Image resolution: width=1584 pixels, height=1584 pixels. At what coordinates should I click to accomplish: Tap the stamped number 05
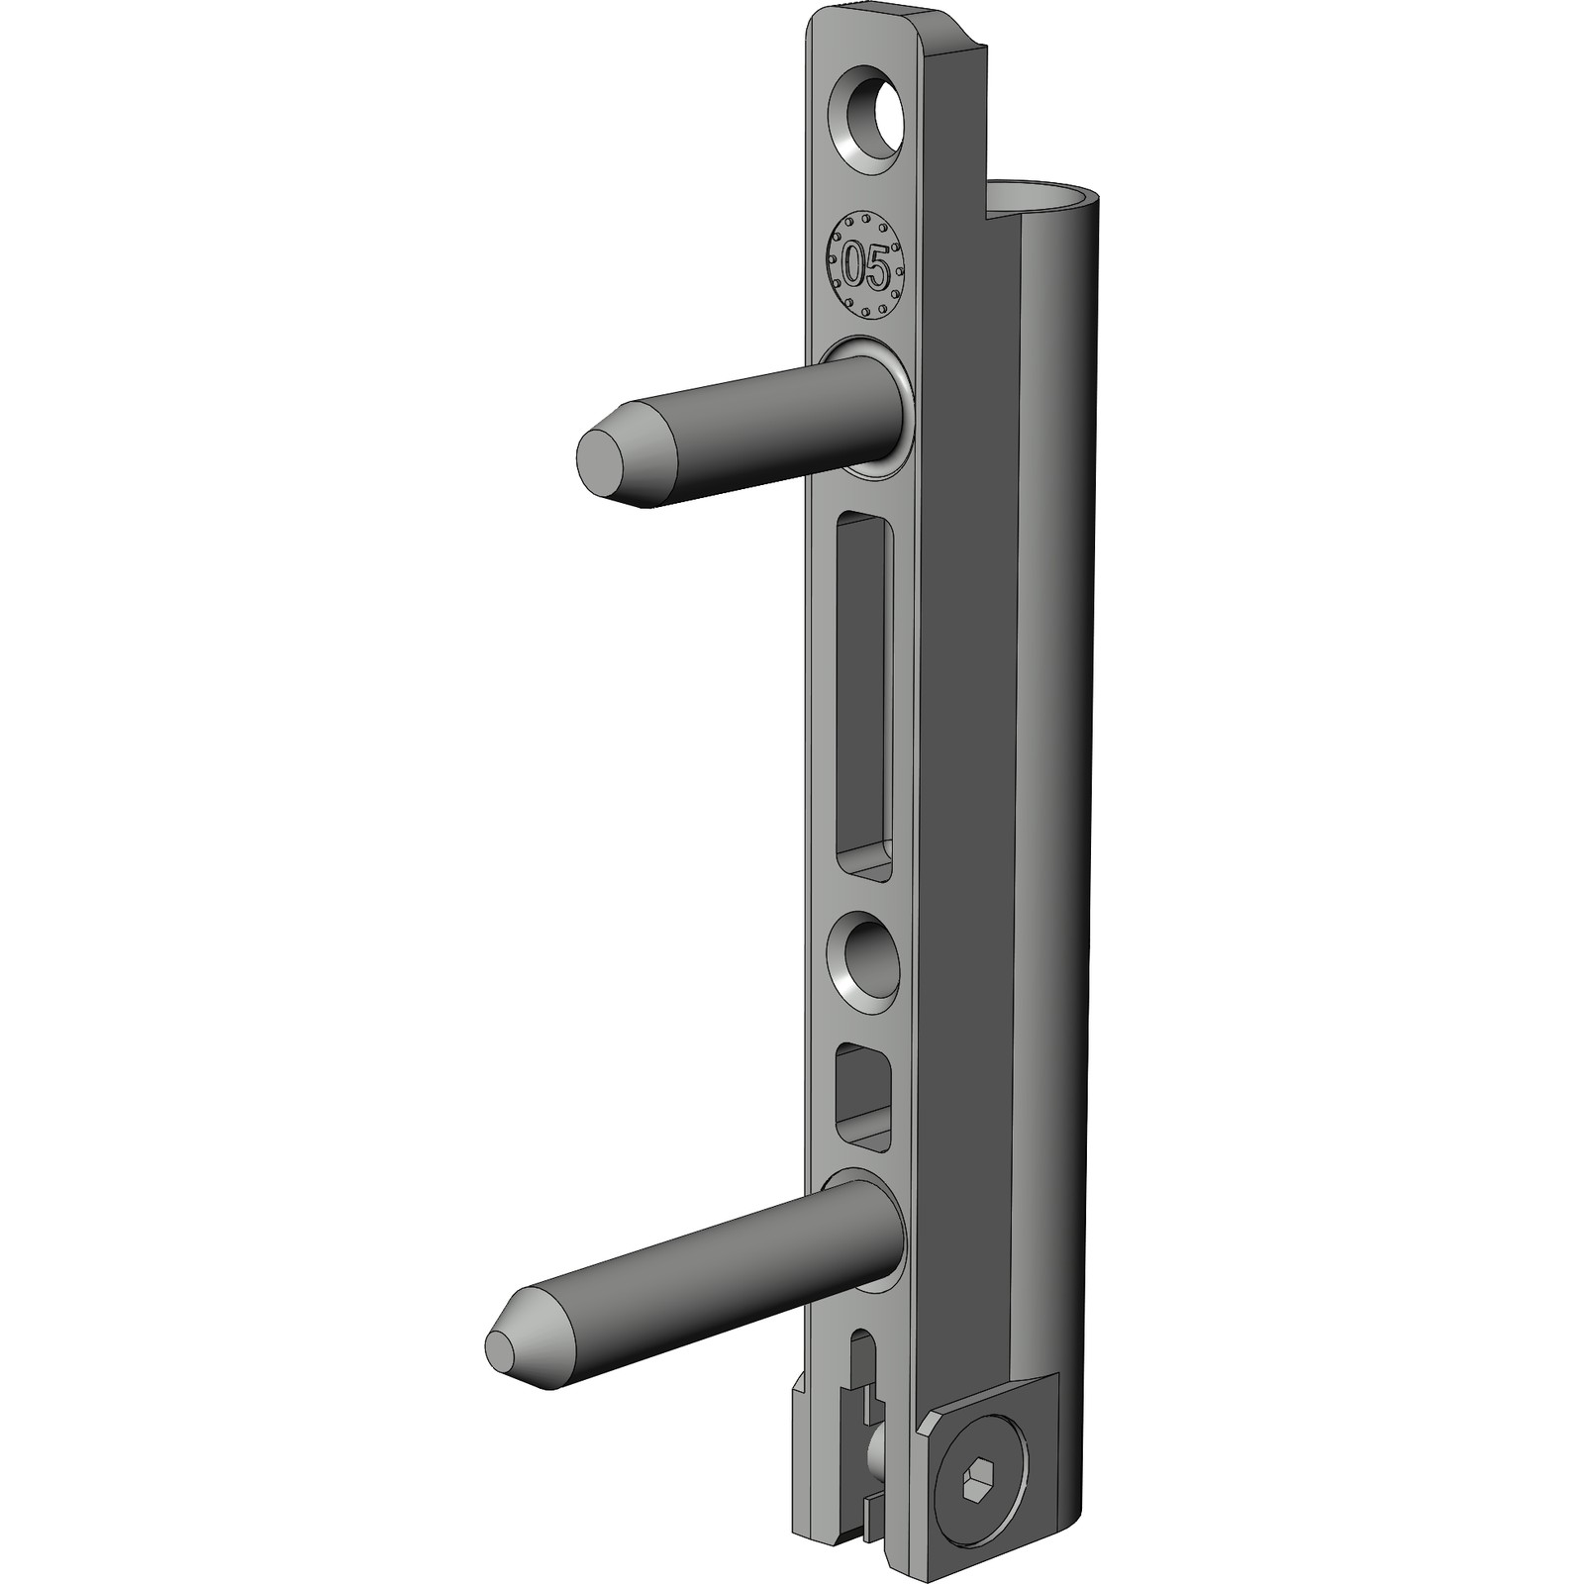click(x=864, y=265)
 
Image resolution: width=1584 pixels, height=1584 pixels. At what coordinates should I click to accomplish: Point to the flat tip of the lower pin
click(x=506, y=1350)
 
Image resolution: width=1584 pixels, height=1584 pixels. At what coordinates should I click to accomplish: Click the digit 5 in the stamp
click(x=877, y=266)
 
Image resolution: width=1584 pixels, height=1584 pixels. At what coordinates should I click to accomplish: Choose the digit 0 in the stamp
click(x=851, y=266)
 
